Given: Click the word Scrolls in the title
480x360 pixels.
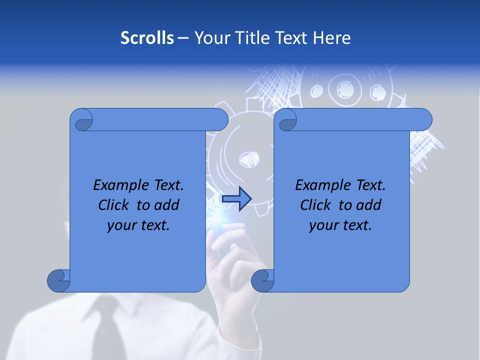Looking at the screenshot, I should pos(147,38).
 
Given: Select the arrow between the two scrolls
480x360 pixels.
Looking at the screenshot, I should pos(237,199).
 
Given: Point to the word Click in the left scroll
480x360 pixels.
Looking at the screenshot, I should pos(115,205).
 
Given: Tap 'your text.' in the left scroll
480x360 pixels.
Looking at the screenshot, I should pos(138,225).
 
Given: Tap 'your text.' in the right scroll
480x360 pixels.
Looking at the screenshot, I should pos(340,225).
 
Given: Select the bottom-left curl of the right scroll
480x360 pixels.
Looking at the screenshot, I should pos(262,280).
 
